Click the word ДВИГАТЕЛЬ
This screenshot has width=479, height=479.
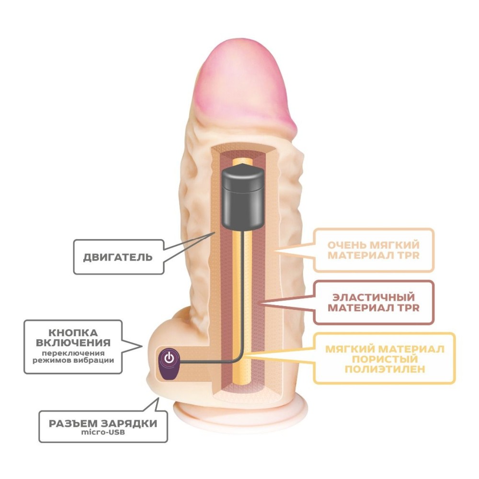[118, 257]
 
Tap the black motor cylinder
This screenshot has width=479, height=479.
[242, 198]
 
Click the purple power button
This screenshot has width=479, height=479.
[169, 364]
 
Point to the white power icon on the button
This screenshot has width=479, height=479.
[169, 357]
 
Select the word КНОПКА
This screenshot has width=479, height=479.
[73, 333]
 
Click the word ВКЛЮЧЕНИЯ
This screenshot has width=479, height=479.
[73, 343]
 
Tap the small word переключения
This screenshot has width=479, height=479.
[73, 353]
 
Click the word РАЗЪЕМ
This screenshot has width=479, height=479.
[73, 423]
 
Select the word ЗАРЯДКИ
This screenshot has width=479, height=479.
[129, 423]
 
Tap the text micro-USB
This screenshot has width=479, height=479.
[103, 432]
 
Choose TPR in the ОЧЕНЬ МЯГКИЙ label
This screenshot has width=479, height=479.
[409, 255]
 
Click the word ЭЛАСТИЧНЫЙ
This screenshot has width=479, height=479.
[374, 297]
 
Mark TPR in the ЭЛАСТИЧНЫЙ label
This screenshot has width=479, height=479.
[409, 308]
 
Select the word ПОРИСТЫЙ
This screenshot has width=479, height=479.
[385, 359]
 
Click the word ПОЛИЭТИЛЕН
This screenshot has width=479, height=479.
[385, 369]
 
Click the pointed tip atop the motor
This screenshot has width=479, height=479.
[242, 165]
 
